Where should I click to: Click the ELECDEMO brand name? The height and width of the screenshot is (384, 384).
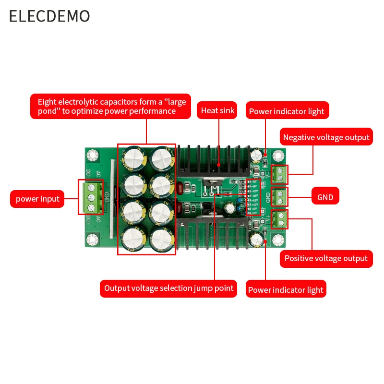49,16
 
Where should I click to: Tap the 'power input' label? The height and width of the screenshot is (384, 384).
38,199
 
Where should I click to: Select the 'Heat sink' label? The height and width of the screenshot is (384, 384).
218,110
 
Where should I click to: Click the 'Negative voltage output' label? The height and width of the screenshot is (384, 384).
326,137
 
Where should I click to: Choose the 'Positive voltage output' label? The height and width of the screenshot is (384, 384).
326,258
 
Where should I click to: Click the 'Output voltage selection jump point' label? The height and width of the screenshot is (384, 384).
169,288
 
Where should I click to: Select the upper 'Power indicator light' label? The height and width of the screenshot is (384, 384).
287,111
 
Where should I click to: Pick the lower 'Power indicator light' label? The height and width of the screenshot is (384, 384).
286,290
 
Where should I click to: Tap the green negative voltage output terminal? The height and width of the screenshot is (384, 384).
279,175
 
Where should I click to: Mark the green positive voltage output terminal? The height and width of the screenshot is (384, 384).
279,220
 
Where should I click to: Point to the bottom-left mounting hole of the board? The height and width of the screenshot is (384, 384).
90,238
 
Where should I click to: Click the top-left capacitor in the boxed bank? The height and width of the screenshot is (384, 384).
132,157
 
